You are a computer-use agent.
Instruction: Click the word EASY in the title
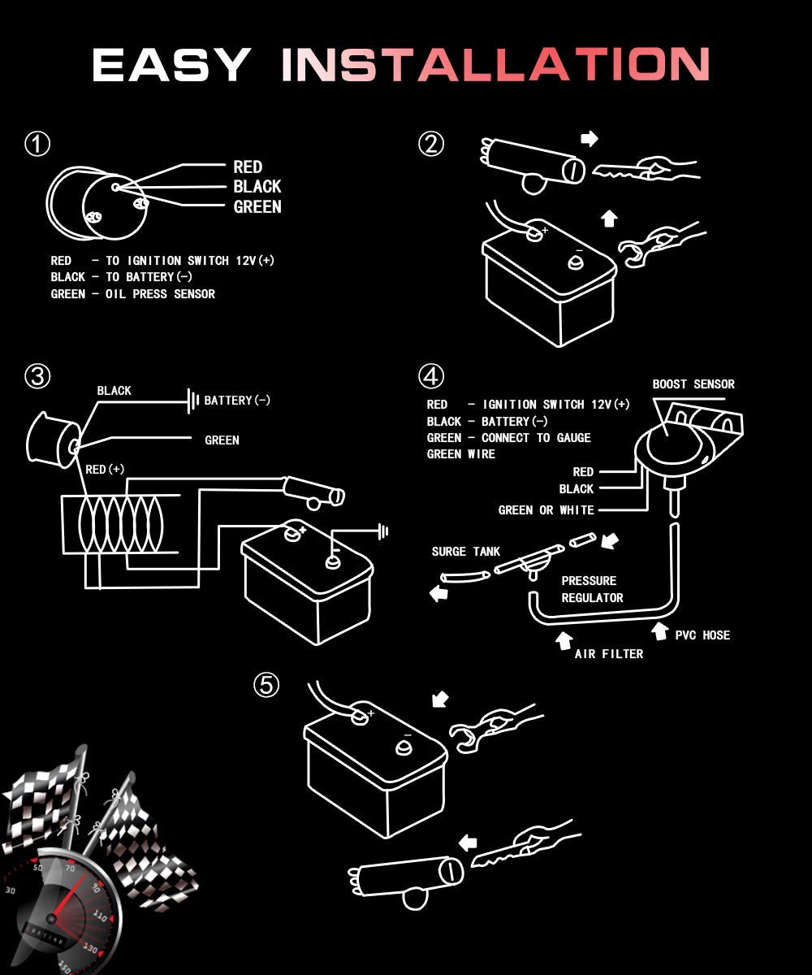171,65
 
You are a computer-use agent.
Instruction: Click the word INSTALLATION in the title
495,65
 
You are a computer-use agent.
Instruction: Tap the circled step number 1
37,145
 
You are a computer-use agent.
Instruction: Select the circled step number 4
431,376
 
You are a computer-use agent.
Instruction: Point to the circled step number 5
266,686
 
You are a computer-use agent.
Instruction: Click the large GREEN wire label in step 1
257,207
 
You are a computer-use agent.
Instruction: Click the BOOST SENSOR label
693,384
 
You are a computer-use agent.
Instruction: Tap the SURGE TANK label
465,552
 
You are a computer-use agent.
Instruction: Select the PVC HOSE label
702,635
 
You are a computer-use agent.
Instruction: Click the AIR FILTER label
608,654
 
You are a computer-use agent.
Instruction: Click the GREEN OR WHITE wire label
546,510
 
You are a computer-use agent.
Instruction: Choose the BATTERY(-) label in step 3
237,401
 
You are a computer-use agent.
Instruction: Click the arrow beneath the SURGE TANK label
439,594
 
